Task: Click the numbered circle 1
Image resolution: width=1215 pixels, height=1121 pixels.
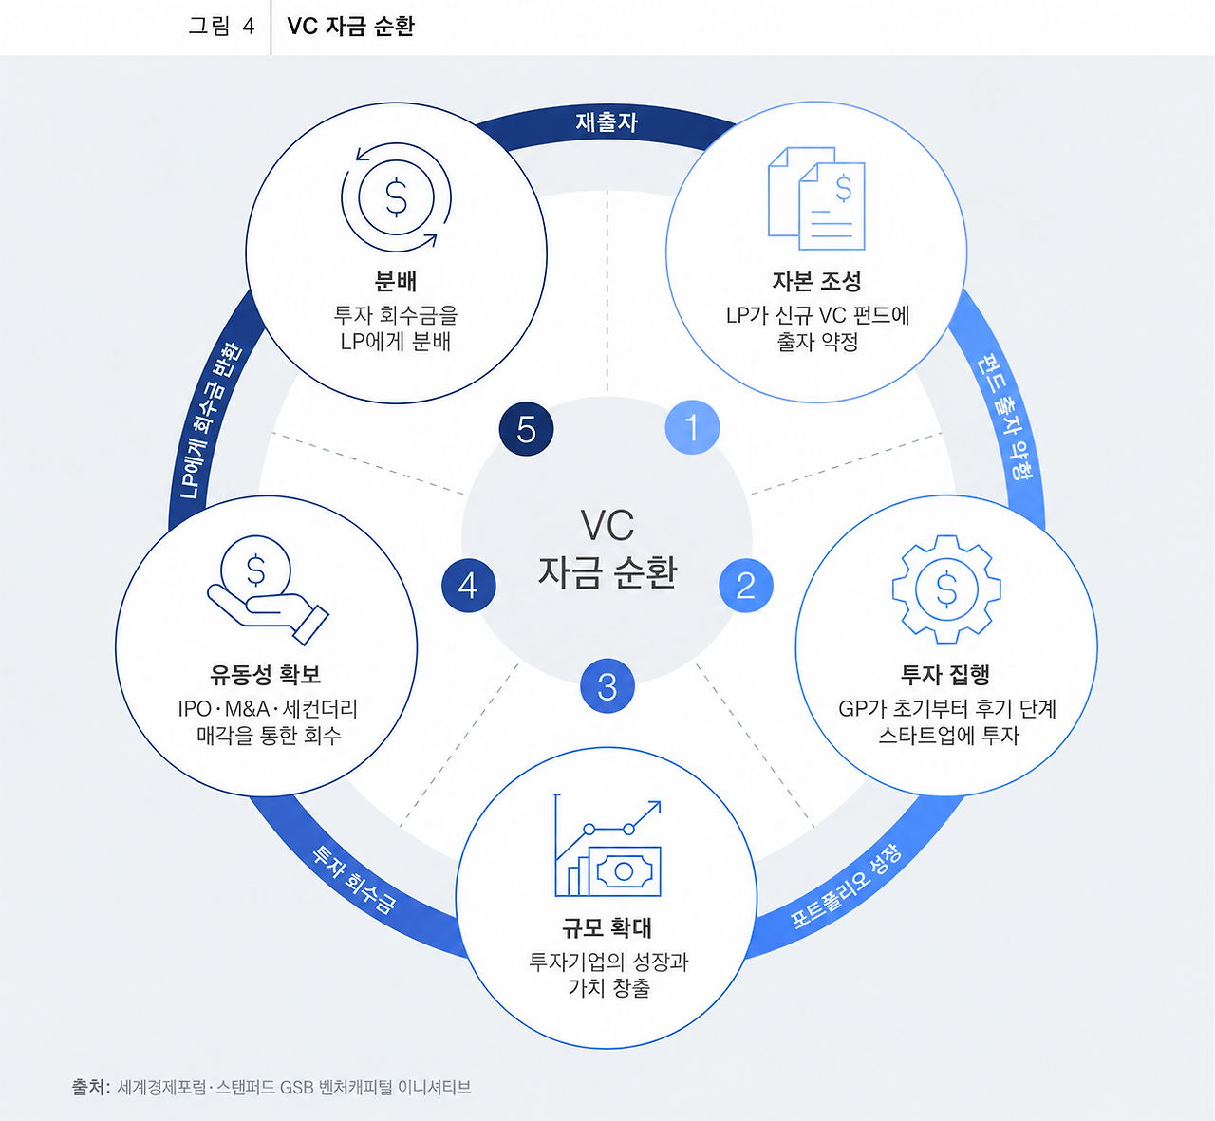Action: pyautogui.click(x=692, y=427)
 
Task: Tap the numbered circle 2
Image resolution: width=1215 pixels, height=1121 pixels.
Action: pyautogui.click(x=746, y=585)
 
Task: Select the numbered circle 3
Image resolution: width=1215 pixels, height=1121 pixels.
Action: pyautogui.click(x=607, y=685)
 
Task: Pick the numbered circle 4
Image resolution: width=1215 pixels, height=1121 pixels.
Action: pyautogui.click(x=469, y=585)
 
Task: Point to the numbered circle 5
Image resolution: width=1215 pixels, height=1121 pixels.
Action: pyautogui.click(x=526, y=428)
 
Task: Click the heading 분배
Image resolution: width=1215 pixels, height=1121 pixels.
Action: pyautogui.click(x=396, y=282)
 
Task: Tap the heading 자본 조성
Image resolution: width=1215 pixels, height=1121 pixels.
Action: pyautogui.click(x=816, y=282)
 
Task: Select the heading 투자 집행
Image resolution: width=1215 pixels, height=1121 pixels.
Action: pyautogui.click(x=945, y=674)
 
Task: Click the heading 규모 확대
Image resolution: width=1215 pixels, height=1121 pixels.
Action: pyautogui.click(x=607, y=927)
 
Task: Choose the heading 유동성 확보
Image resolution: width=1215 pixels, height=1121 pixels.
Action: pyautogui.click(x=266, y=674)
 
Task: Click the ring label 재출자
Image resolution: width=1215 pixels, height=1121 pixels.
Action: pyautogui.click(x=607, y=122)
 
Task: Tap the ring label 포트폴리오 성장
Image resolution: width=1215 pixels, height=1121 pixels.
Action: pyautogui.click(x=846, y=887)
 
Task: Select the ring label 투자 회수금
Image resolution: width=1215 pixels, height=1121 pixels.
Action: pyautogui.click(x=355, y=880)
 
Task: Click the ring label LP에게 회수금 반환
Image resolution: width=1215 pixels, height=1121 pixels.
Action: pyautogui.click(x=211, y=421)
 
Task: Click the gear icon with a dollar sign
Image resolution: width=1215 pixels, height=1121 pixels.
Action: pyautogui.click(x=946, y=589)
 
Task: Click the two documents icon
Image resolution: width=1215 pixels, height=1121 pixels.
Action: pyautogui.click(x=816, y=197)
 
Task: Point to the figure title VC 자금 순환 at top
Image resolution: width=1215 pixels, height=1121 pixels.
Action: pyautogui.click(x=350, y=27)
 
